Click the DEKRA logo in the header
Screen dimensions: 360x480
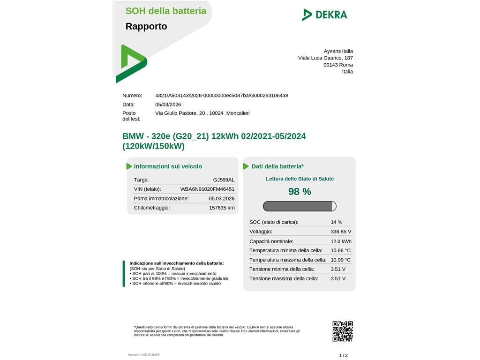(x=324, y=15)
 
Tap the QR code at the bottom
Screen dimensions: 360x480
(x=342, y=331)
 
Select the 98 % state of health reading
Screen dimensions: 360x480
(x=300, y=191)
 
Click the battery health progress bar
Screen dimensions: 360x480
(x=300, y=206)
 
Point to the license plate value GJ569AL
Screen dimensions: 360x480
(x=224, y=180)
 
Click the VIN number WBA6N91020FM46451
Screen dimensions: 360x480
(x=207, y=189)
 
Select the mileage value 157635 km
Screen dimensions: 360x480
(x=222, y=208)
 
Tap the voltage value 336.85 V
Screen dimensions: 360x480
(x=341, y=232)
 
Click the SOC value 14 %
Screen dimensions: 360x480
(x=337, y=222)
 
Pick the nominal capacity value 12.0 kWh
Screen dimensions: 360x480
(x=341, y=241)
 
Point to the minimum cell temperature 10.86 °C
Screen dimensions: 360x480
(x=341, y=250)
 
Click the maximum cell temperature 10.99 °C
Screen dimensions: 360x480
(x=341, y=260)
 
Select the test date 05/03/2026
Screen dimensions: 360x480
(x=168, y=105)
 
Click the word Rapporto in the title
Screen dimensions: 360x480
(x=146, y=26)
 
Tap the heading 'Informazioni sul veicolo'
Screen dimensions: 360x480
(x=168, y=166)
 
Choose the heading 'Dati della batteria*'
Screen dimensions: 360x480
(x=277, y=166)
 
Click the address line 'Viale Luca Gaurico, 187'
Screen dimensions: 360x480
(x=325, y=58)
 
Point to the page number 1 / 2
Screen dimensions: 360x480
(x=344, y=355)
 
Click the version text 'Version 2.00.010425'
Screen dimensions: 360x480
(x=143, y=355)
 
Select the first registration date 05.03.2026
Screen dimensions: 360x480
(x=222, y=198)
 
